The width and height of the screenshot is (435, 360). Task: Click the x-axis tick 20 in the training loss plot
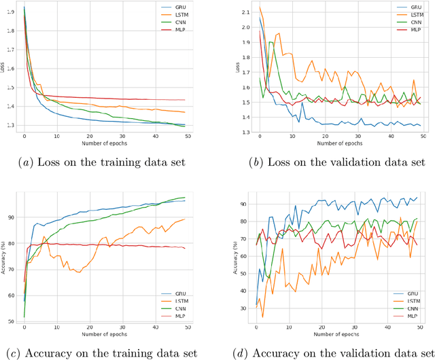(89, 135)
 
